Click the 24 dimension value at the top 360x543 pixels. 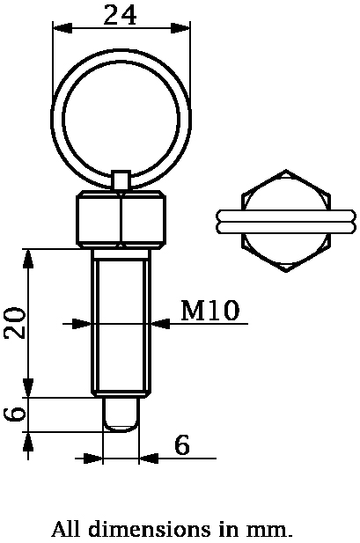pos(121,15)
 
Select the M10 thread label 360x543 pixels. pos(210,311)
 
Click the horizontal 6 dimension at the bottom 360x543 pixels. pos(182,445)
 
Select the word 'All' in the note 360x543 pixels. pos(66,530)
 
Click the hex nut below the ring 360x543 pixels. pos(121,219)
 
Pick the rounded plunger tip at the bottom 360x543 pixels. pos(121,415)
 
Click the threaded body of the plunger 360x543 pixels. pos(121,323)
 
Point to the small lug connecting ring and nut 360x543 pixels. pos(121,180)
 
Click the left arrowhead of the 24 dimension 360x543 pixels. pos(60,29)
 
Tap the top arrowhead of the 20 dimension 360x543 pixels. pos(30,257)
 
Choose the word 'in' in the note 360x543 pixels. pos(228,530)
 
